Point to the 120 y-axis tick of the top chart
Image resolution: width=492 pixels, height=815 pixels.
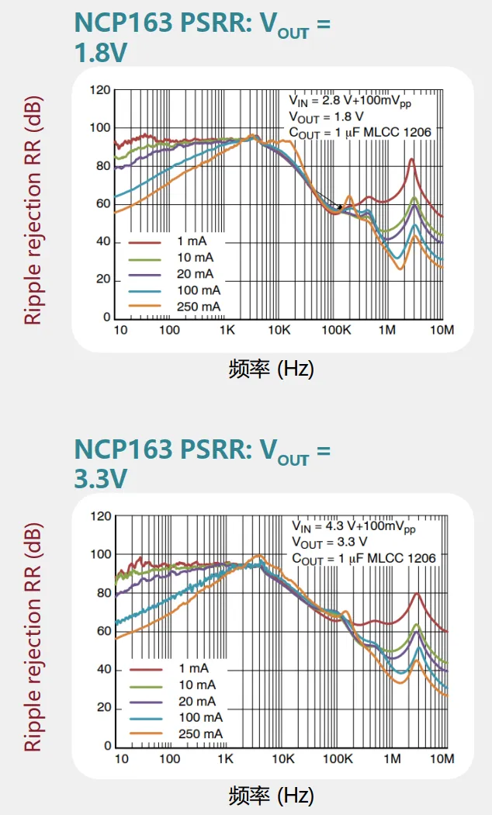pos(100,90)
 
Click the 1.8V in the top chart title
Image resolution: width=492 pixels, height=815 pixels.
pos(101,53)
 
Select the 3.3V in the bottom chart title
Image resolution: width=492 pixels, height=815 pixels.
pos(101,480)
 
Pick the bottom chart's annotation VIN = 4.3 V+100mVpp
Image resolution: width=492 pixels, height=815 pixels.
pos(353,526)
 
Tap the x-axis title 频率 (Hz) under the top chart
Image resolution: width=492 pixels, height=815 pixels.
pos(271,369)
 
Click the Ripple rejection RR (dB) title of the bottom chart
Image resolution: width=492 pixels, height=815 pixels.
pos(32,636)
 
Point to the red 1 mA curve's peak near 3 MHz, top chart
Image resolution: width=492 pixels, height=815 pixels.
pos(411,159)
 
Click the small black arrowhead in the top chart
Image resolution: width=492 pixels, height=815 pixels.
pos(339,206)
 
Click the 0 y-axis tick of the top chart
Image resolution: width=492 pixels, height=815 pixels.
pos(107,317)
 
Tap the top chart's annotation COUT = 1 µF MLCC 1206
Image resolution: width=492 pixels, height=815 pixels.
pos(360,133)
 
